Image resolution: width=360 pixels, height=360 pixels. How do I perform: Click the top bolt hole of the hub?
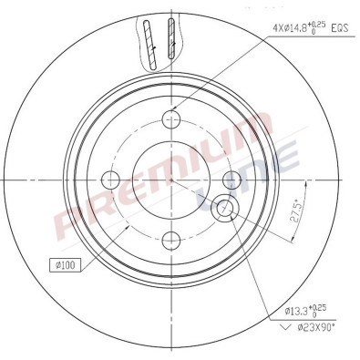pyautogui.click(x=170, y=118)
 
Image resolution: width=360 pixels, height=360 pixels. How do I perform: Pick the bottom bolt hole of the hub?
pyautogui.click(x=170, y=240)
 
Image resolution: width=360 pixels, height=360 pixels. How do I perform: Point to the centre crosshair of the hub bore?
pyautogui.click(x=170, y=179)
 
